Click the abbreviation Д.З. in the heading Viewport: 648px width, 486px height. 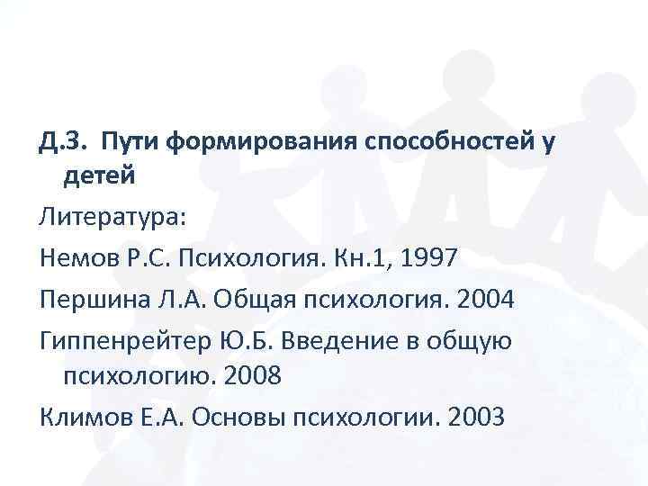(63, 141)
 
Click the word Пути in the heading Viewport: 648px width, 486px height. (131, 141)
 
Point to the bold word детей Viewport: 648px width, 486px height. (99, 176)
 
